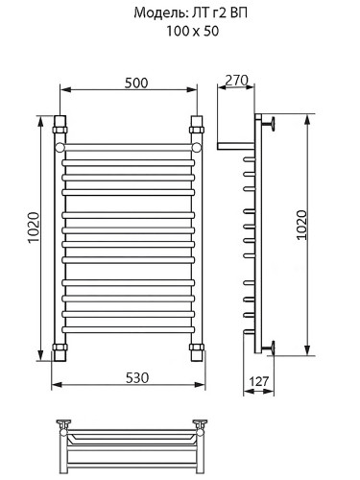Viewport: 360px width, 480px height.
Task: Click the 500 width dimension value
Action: (x=135, y=83)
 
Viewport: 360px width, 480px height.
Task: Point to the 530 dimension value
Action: (x=136, y=377)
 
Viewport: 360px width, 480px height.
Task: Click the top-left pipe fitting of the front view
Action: (x=63, y=126)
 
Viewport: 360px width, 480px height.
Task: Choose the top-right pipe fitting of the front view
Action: (x=197, y=126)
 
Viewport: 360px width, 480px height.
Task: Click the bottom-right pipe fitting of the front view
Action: (x=197, y=348)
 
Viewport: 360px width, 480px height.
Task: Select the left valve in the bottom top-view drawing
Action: (x=65, y=423)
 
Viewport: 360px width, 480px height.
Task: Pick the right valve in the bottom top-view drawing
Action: (x=201, y=423)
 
